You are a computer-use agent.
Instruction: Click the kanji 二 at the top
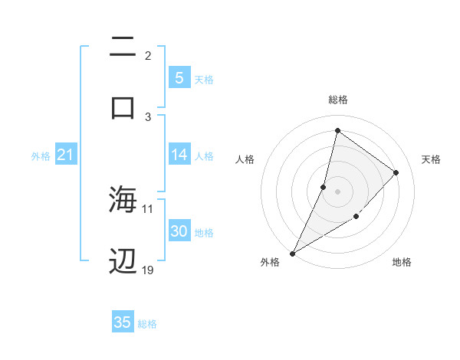123,48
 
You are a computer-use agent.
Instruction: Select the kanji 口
123,106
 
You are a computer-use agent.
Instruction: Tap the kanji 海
123,200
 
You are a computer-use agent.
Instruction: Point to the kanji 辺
123,261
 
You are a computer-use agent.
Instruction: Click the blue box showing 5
179,77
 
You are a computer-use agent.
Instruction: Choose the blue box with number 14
179,155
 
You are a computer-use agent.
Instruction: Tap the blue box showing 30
179,231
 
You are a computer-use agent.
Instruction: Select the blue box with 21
65,155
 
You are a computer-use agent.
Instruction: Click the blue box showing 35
123,322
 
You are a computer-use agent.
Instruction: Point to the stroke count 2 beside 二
148,56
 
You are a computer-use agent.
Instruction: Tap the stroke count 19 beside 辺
148,270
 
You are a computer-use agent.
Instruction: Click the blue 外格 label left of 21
41,156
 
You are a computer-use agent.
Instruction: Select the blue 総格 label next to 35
147,324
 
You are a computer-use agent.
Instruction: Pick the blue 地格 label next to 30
204,233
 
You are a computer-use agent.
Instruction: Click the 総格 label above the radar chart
337,100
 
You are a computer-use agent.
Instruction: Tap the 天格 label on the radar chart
431,159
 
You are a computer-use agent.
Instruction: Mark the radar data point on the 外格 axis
292,253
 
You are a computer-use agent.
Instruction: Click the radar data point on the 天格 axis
396,172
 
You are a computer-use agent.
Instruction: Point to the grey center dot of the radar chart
337,191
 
